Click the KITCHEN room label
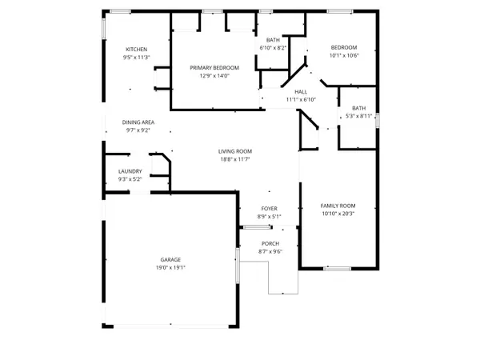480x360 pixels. click(136, 50)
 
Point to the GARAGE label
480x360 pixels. click(170, 260)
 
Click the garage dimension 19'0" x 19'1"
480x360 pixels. click(170, 268)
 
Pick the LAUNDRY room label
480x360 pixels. click(130, 171)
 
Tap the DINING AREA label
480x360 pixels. click(138, 122)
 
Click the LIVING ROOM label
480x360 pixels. click(236, 151)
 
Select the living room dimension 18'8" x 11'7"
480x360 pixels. click(236, 159)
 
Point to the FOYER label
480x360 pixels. click(269, 208)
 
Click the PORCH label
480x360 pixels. click(270, 244)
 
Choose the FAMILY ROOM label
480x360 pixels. click(338, 206)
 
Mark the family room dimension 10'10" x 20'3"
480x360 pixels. click(338, 214)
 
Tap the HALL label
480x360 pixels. click(301, 92)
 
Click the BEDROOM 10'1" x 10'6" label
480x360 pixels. click(343, 47)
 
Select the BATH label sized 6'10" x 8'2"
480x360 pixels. click(273, 41)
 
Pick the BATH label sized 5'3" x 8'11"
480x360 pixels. click(358, 108)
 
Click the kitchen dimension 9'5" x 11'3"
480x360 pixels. click(136, 58)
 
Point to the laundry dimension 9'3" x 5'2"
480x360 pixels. click(130, 179)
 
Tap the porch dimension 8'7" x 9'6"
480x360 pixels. click(270, 252)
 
